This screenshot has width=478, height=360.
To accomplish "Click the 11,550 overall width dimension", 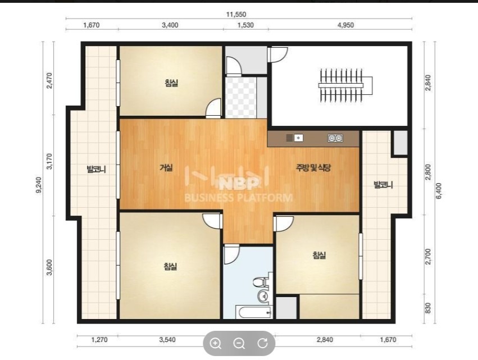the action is click(236, 15).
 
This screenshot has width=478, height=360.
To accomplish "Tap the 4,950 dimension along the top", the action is click(345, 25).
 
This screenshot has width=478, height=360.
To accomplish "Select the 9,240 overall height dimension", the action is click(39, 185).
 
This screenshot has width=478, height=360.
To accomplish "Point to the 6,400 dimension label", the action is click(439, 191).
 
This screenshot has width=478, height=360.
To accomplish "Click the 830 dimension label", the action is click(427, 308).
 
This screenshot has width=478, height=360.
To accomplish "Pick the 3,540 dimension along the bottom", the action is click(167, 340).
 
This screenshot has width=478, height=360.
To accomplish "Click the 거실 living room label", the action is click(166, 167).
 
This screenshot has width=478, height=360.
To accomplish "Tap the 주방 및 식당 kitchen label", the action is click(313, 167).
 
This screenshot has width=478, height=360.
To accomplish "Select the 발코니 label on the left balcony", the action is click(97, 169).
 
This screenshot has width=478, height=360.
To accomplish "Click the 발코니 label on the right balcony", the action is click(383, 185).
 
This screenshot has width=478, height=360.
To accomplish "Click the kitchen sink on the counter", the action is click(295, 138).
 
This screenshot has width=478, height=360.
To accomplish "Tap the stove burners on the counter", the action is click(335, 138).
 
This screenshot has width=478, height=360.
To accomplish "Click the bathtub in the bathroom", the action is click(254, 312).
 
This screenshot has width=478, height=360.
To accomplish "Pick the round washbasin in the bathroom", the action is click(263, 295).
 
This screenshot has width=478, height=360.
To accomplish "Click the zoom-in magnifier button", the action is click(216, 344).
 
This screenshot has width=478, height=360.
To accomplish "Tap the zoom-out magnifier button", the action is click(239, 344).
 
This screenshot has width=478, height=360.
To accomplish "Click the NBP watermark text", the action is click(239, 184).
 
